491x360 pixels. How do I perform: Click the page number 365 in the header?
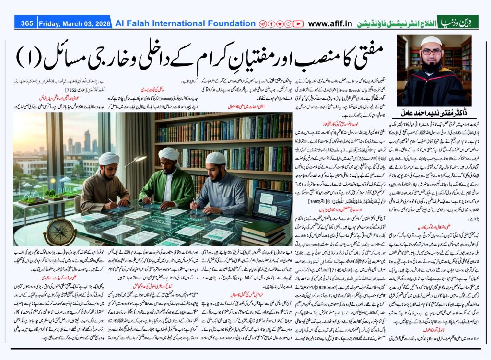coord(26,23)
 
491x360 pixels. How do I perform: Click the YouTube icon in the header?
coord(298,23)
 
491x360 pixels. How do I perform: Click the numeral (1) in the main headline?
coord(26,57)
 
